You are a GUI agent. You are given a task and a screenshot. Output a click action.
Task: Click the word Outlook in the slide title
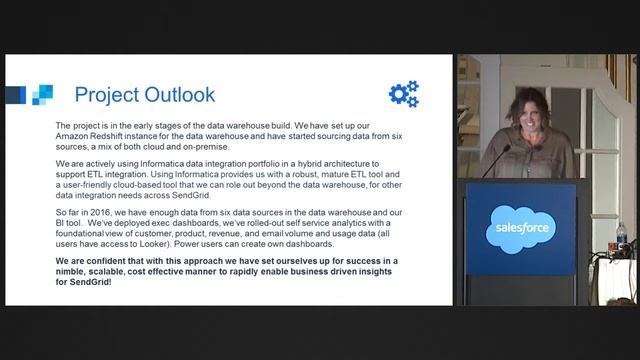pos(176,95)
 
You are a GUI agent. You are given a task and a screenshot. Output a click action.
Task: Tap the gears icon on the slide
pos(404,94)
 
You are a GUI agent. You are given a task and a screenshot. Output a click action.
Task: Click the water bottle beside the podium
pos(621,238)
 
